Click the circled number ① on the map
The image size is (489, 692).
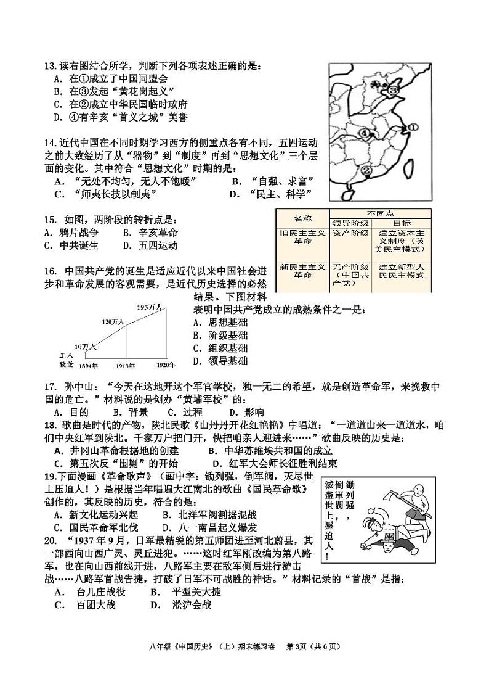tap(412, 128)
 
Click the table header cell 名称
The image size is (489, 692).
tap(302, 218)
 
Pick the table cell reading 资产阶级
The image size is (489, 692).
tap(350, 233)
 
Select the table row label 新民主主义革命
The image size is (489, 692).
tap(302, 271)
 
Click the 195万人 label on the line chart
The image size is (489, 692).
tap(149, 307)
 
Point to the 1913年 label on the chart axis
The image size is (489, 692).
tap(127, 366)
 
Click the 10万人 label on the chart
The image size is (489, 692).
tap(86, 347)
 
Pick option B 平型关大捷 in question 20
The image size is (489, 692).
tap(185, 592)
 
